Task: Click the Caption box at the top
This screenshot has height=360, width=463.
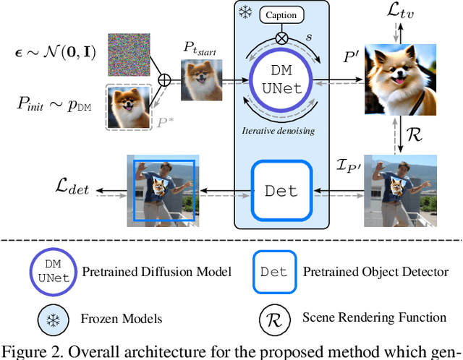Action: [281, 14]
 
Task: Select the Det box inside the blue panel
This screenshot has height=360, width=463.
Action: [281, 190]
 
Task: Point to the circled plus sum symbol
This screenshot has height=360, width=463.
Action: [164, 80]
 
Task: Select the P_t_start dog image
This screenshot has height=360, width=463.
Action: [200, 80]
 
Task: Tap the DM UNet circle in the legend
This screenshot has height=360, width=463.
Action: [48, 271]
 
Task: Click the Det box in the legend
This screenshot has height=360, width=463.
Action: [273, 272]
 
